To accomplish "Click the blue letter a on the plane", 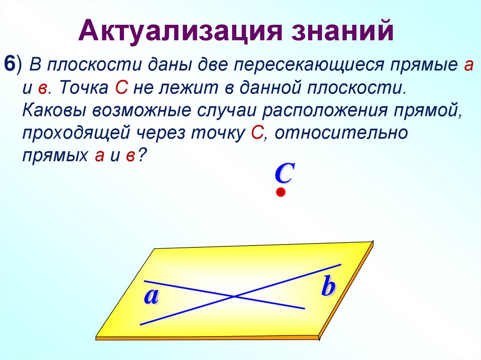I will coord(151,297).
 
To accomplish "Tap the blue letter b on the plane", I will coord(327,287).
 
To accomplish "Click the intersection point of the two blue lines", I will coord(234,296).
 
